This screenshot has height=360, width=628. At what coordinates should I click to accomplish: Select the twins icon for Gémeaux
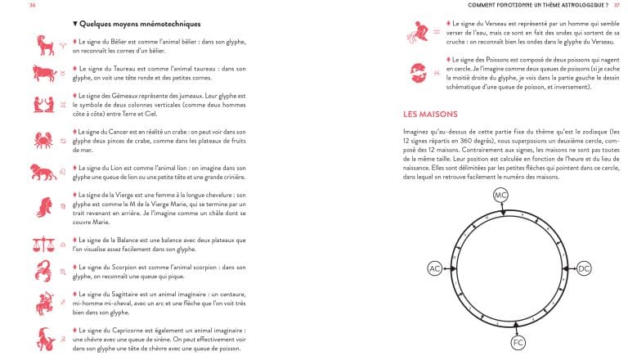click(39, 104)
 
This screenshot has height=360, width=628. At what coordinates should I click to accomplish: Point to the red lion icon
click(39, 172)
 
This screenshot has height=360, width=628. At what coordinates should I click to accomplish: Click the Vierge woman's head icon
click(39, 205)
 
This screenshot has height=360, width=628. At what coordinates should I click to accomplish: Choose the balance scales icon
click(39, 243)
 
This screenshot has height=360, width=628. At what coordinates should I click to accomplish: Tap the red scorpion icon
click(39, 271)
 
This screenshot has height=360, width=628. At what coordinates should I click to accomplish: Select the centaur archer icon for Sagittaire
click(39, 302)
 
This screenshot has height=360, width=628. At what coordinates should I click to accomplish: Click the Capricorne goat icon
click(39, 338)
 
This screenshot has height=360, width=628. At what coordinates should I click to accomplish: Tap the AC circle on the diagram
click(435, 268)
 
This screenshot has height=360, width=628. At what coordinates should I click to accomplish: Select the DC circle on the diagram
click(583, 268)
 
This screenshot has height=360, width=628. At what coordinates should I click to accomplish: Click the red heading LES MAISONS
click(430, 115)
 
